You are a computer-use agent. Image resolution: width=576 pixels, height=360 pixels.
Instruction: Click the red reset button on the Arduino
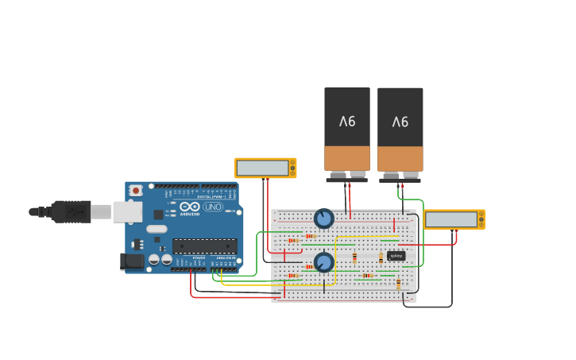(136, 191)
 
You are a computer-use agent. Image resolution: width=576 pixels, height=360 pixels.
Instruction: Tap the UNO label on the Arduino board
(213, 207)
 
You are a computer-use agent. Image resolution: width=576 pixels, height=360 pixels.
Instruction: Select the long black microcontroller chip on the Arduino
(204, 246)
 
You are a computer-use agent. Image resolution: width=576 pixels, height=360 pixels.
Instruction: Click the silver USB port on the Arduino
(127, 211)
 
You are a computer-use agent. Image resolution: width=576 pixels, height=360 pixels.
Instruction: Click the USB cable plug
(72, 211)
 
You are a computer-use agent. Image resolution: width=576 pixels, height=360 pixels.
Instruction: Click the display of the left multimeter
(262, 168)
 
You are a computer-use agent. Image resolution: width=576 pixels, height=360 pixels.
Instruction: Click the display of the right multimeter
(450, 219)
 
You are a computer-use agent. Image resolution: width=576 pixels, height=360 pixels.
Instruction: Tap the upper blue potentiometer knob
(323, 218)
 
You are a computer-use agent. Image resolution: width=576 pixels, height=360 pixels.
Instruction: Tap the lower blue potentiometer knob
(323, 262)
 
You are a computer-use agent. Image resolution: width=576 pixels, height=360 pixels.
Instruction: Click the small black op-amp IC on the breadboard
(396, 256)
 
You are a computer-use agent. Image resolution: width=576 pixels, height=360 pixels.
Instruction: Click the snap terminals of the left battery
(347, 176)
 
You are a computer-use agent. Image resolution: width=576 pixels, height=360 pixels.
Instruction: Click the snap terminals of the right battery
(400, 176)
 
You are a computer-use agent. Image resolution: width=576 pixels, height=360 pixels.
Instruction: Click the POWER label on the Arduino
(199, 258)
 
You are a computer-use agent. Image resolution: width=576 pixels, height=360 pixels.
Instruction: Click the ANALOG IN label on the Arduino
(226, 258)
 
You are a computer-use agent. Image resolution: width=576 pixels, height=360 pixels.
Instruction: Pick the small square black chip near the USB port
(158, 214)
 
